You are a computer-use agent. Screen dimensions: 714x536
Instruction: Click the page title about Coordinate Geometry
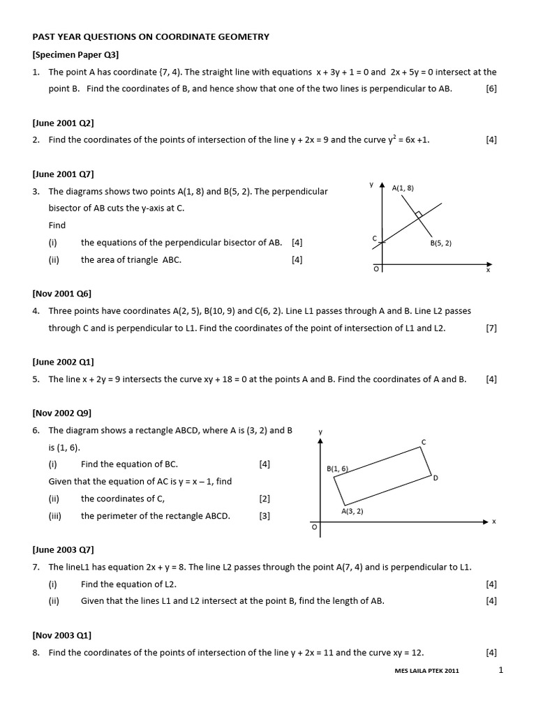tap(150, 36)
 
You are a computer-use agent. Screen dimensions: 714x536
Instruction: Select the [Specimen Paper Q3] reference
tap(75, 54)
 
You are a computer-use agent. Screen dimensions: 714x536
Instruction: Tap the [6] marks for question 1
tap(491, 89)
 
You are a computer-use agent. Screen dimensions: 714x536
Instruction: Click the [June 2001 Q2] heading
tap(63, 123)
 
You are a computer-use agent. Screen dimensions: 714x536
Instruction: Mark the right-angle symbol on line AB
tap(418, 214)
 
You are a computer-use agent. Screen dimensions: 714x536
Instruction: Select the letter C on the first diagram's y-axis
tap(375, 239)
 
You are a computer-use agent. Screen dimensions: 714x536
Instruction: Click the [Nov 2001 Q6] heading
tap(61, 294)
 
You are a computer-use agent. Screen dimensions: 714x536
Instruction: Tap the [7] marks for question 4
tap(491, 328)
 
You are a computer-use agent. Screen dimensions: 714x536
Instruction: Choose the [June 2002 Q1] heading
tap(63, 362)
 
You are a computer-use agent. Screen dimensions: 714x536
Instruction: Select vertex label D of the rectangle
tap(435, 478)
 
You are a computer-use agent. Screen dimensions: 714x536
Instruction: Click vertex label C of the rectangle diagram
tap(424, 442)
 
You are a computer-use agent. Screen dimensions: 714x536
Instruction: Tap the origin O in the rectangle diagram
tap(314, 528)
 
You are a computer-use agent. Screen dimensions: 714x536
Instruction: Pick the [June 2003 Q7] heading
tap(63, 549)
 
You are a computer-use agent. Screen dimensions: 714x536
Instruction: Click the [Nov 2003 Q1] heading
tap(61, 635)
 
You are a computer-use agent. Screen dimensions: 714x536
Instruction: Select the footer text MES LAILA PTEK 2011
tap(426, 671)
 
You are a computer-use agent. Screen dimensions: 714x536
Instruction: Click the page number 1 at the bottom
tap(500, 670)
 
